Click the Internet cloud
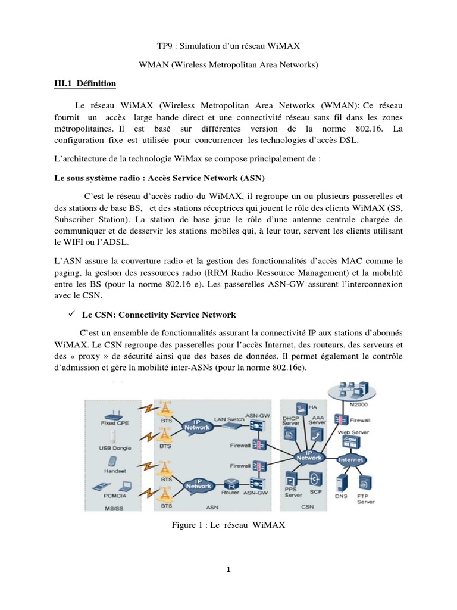click(350, 460)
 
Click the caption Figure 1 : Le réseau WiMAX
click(228, 524)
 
